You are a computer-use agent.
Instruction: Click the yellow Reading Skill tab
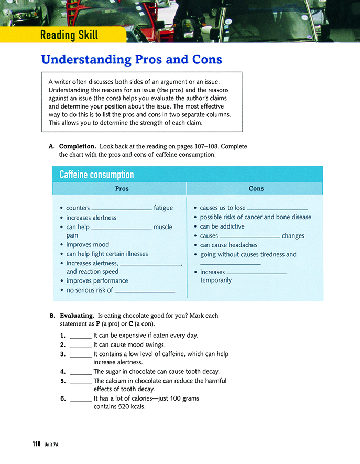point(69,36)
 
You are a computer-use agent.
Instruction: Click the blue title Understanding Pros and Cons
point(132,59)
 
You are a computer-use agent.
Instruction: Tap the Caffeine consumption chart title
point(97,175)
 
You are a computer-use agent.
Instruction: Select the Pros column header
point(122,188)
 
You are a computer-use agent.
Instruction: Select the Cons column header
point(256,188)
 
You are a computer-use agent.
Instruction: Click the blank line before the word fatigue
point(122,209)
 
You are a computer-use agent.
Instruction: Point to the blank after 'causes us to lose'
point(277,209)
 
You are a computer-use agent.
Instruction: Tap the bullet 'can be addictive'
point(222,226)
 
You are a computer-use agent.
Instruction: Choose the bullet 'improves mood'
point(88,245)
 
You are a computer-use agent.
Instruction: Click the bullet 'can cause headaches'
point(228,245)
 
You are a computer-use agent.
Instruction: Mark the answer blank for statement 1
point(81,336)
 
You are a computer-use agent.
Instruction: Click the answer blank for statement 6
point(81,399)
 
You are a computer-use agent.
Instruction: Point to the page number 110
point(36,444)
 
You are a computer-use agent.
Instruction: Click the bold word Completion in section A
point(77,146)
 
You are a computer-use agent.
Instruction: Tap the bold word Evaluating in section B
point(77,316)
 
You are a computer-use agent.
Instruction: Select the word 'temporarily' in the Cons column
point(216,280)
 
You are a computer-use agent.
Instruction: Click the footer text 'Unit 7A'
point(52,444)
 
